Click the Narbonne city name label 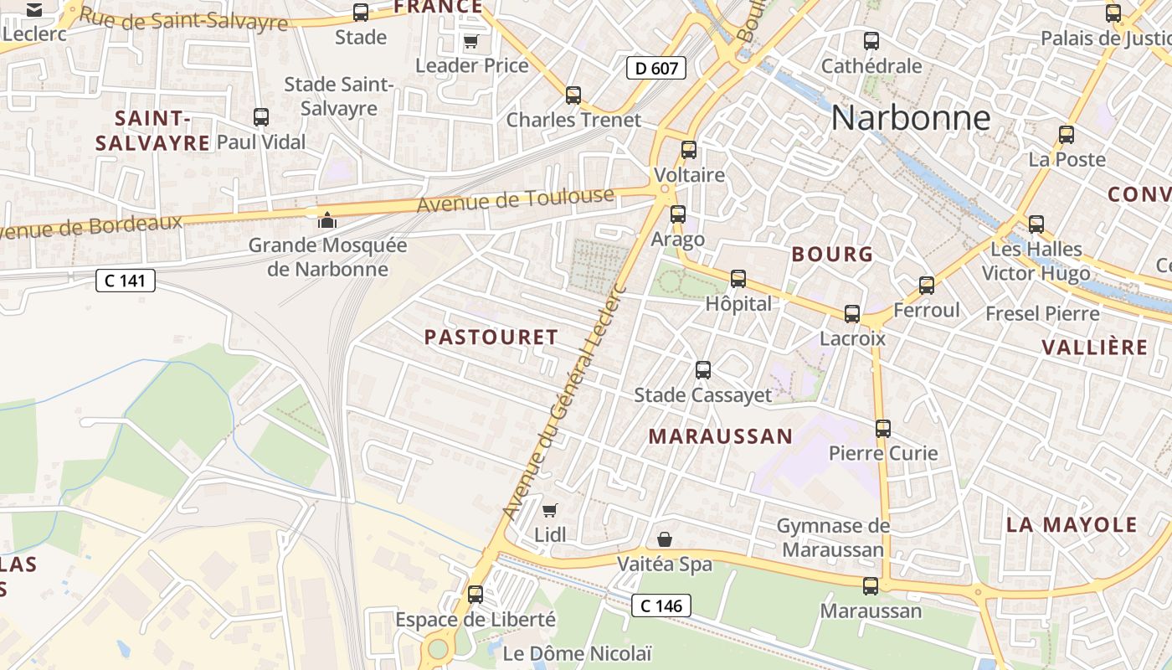pyautogui.click(x=911, y=118)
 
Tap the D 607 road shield pyautogui.click(x=656, y=68)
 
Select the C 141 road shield pyautogui.click(x=126, y=281)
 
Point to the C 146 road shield pyautogui.click(x=661, y=605)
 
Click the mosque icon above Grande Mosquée pyautogui.click(x=326, y=221)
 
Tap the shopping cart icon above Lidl pyautogui.click(x=550, y=510)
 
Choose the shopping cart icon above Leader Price pyautogui.click(x=471, y=41)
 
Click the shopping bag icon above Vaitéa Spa pyautogui.click(x=665, y=539)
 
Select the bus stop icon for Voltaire pyautogui.click(x=689, y=150)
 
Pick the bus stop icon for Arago pyautogui.click(x=678, y=214)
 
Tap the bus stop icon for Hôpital pyautogui.click(x=738, y=278)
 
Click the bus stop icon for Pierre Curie pyautogui.click(x=883, y=429)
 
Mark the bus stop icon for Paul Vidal pyautogui.click(x=261, y=116)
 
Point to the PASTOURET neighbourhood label pyautogui.click(x=491, y=338)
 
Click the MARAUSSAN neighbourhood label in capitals pyautogui.click(x=720, y=436)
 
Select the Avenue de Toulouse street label pyautogui.click(x=515, y=201)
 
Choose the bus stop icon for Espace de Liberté pyautogui.click(x=475, y=594)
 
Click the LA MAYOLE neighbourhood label pyautogui.click(x=1072, y=525)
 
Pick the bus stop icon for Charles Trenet pyautogui.click(x=573, y=95)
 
